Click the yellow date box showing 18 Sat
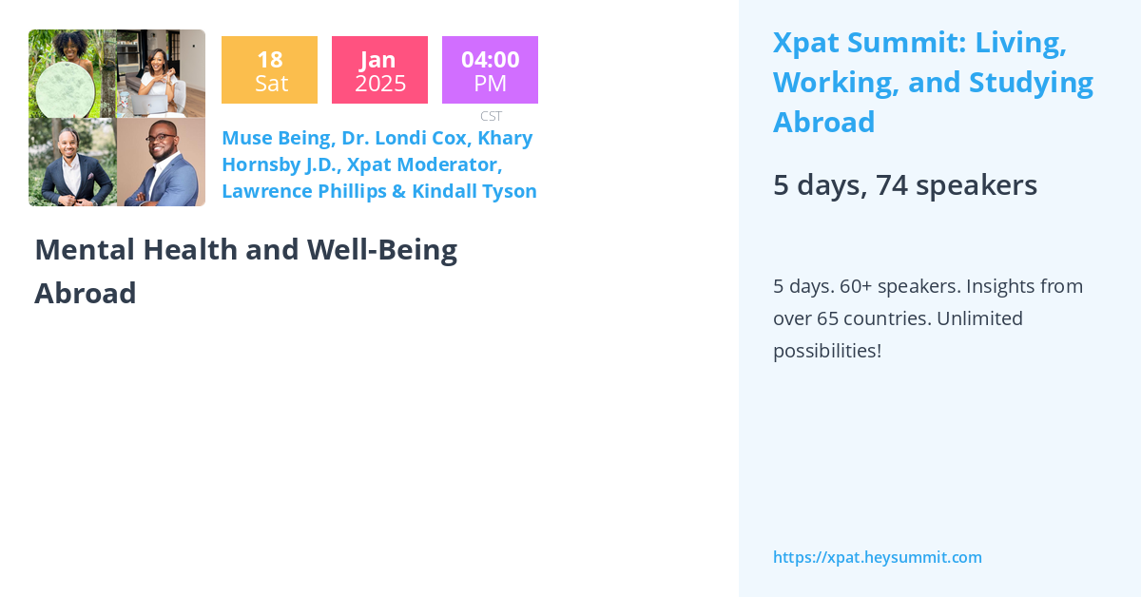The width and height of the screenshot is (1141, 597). [269, 70]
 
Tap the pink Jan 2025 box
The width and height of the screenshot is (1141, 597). [379, 70]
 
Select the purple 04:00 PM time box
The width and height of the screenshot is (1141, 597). [490, 70]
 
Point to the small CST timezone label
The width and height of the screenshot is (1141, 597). [491, 116]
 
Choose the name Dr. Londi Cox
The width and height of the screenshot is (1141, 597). [404, 138]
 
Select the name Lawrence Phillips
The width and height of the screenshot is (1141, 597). [301, 191]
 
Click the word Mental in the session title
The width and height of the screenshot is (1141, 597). [83, 249]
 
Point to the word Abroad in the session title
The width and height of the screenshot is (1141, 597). [85, 293]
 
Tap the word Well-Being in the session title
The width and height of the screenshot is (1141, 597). [381, 249]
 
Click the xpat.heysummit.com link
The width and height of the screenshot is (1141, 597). [877, 557]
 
